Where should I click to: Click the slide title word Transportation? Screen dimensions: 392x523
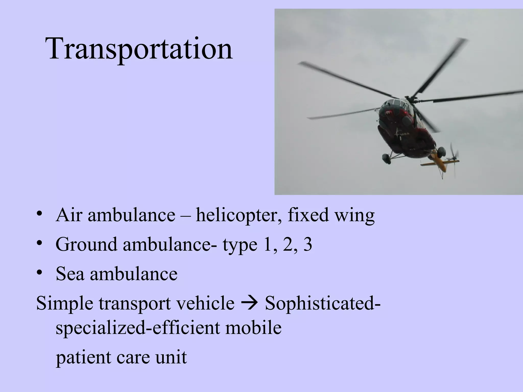coord(139,48)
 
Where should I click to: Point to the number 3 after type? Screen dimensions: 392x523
coord(307,244)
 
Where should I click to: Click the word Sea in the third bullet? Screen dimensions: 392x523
coord(70,274)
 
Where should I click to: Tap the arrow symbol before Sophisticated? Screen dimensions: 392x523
coord(249,303)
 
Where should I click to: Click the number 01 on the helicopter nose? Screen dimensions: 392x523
coord(388,112)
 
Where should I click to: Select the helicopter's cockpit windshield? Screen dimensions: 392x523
coord(395,105)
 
